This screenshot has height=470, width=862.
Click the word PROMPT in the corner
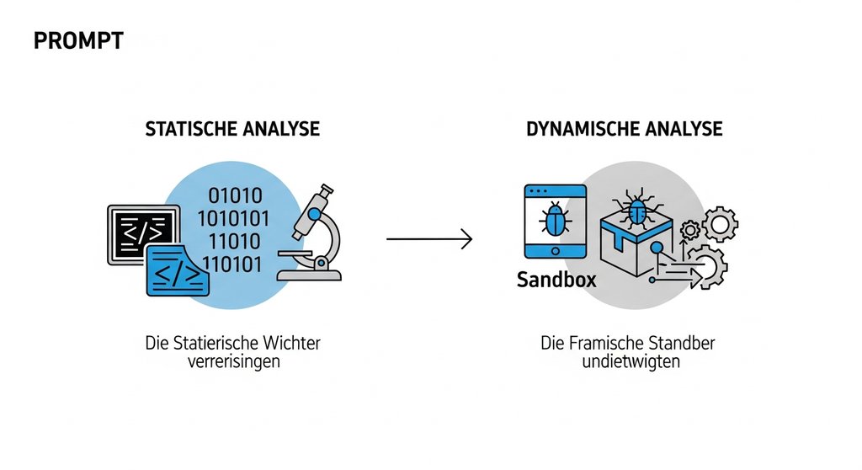[78, 40]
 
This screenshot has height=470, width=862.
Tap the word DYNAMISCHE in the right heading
[576, 129]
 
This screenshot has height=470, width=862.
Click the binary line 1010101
[233, 219]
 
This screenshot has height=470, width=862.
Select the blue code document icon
[178, 271]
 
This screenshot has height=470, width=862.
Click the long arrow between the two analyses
[429, 239]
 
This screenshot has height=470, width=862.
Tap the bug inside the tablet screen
[556, 222]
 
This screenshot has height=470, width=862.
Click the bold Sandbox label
[556, 280]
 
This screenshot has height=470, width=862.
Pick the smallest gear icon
[690, 229]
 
